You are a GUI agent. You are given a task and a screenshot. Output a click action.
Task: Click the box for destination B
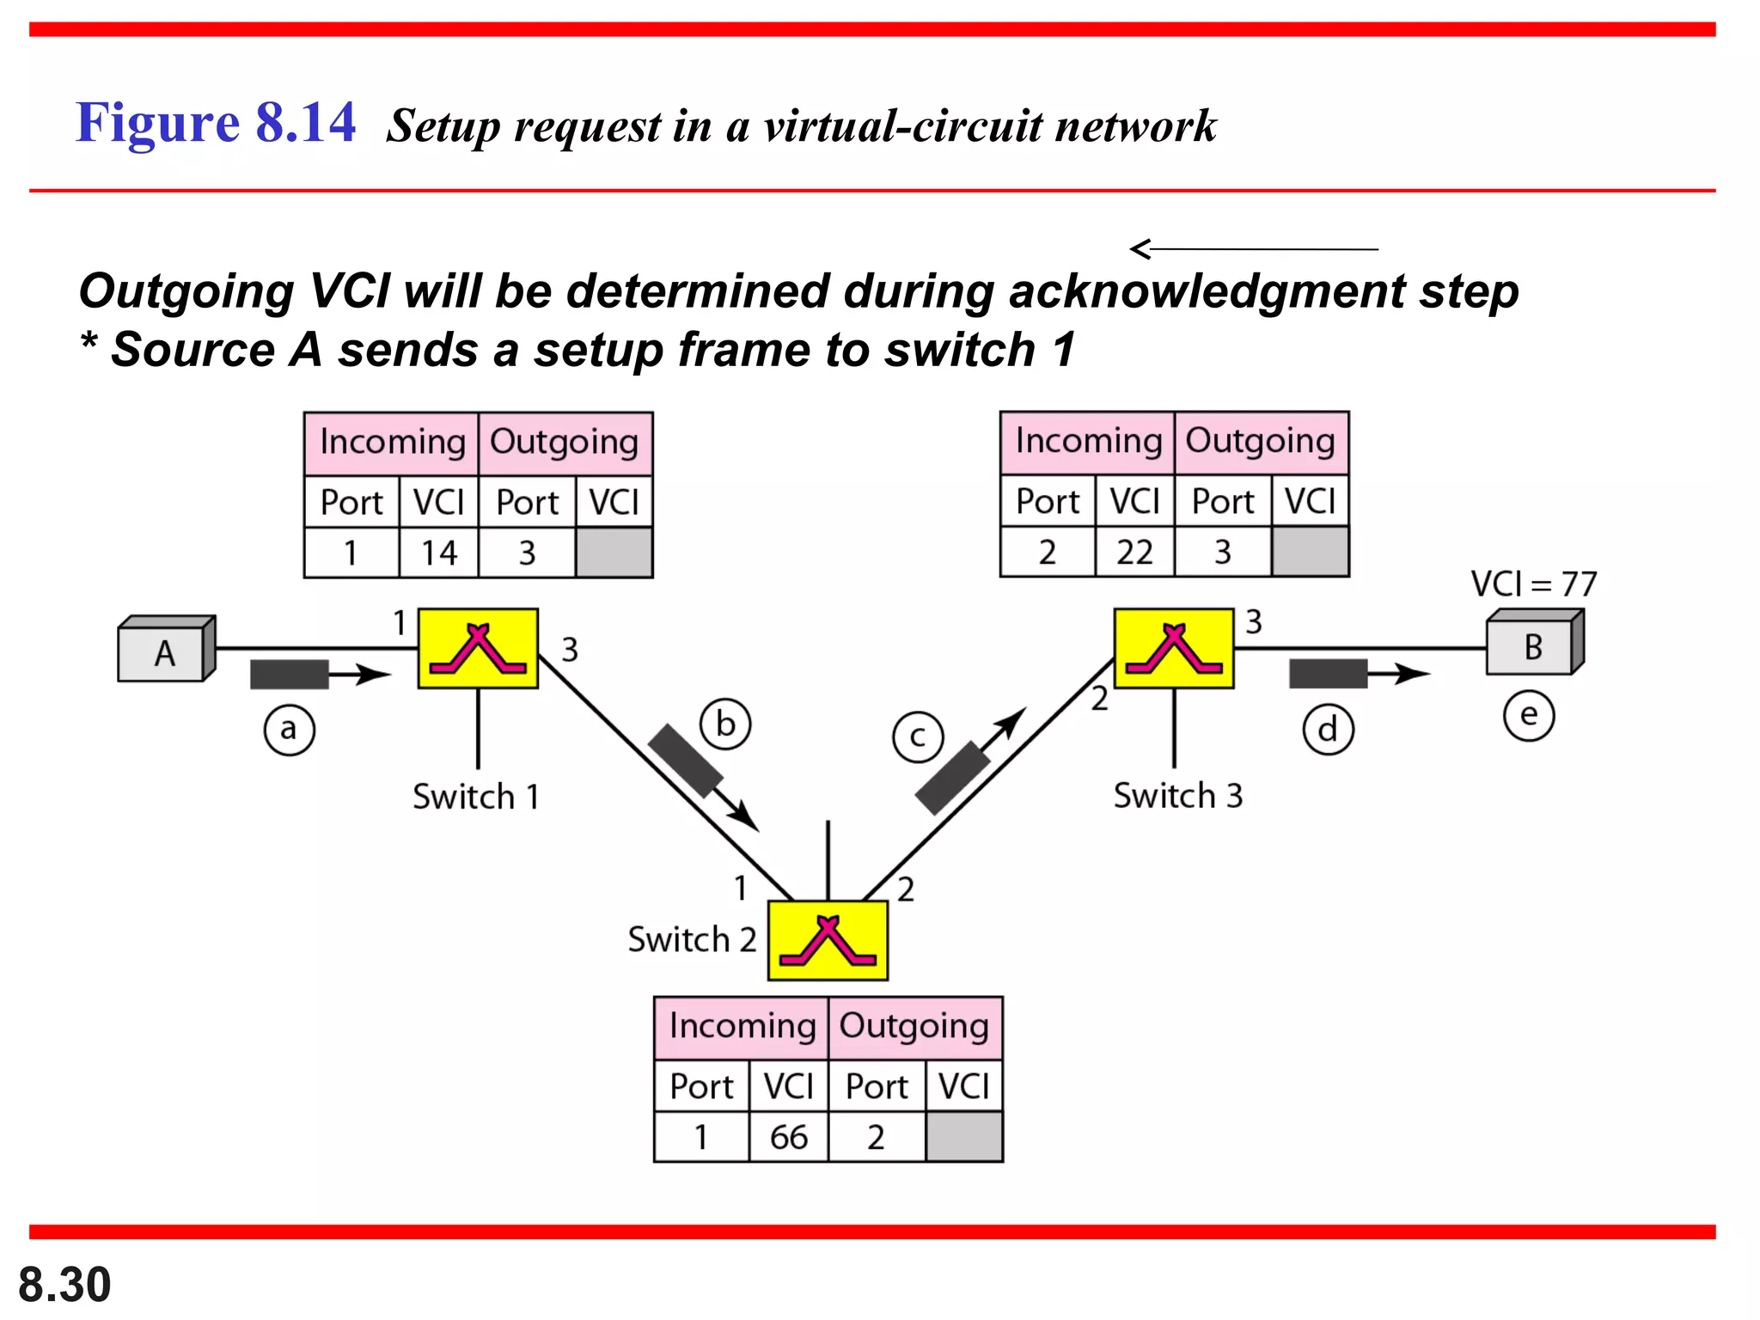pos(1532,646)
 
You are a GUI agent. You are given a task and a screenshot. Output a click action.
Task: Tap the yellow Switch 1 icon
pos(478,649)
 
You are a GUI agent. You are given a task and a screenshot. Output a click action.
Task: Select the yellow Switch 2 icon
pos(827,940)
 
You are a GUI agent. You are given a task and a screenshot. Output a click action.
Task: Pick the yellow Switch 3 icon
pos(1174,649)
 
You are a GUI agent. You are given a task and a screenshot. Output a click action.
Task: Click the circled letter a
pos(289,730)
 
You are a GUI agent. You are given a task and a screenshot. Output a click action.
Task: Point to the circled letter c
pos(918,737)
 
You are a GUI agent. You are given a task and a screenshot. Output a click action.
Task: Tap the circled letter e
pos(1529,716)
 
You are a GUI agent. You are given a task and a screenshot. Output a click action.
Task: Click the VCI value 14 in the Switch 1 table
pos(438,553)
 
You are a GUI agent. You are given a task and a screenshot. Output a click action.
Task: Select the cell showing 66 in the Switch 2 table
pos(788,1137)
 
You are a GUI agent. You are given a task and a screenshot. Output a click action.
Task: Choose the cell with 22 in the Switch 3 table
pos(1134,552)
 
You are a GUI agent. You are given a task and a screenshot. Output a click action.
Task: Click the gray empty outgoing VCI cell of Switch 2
pos(964,1137)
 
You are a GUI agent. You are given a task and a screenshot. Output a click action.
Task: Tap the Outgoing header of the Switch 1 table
pos(565,443)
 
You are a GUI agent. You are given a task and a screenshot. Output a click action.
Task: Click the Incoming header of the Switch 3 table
pos(1088,442)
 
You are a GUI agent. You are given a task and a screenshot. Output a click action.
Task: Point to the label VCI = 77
pos(1533,584)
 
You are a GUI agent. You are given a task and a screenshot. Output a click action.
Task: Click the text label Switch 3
pos(1177,796)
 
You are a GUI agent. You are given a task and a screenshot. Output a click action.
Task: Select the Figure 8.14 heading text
pos(216,122)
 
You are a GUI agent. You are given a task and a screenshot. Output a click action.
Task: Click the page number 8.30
pos(64,1285)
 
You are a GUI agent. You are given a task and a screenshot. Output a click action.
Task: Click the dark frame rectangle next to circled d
pos(1328,674)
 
